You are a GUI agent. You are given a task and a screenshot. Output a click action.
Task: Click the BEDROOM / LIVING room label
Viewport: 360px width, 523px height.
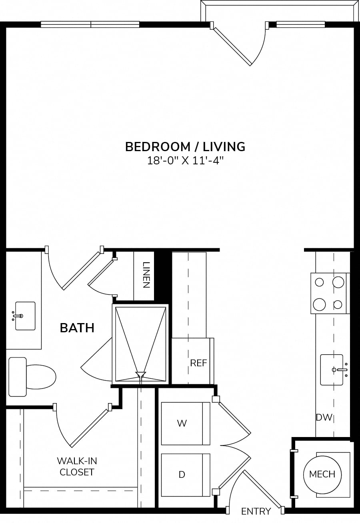pyautogui.click(x=185, y=147)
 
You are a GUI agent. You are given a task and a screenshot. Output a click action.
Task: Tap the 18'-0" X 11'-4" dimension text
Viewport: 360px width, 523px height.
pyautogui.click(x=185, y=161)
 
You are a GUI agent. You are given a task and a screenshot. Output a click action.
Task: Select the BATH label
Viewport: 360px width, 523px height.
pyautogui.click(x=77, y=328)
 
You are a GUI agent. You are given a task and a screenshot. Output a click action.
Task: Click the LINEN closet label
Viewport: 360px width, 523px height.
pyautogui.click(x=146, y=275)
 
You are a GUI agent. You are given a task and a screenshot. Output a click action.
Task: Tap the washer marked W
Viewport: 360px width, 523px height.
pyautogui.click(x=186, y=423)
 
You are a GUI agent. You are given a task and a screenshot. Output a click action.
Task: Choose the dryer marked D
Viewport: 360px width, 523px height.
pyautogui.click(x=186, y=475)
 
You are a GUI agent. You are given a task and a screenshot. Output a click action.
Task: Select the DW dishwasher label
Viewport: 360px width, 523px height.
pyautogui.click(x=324, y=417)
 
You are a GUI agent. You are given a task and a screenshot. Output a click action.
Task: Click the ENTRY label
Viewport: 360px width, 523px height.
pyautogui.click(x=256, y=511)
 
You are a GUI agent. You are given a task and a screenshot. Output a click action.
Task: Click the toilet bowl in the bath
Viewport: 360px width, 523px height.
pyautogui.click(x=41, y=377)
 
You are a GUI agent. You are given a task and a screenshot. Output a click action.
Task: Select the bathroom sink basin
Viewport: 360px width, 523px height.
pyautogui.click(x=25, y=316)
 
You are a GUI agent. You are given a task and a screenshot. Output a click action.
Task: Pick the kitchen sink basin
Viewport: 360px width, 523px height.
pyautogui.click(x=332, y=369)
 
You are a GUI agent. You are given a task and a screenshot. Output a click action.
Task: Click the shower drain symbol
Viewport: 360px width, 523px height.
pyautogui.click(x=141, y=374)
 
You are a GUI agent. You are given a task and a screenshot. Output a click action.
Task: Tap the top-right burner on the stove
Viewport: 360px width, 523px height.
pyautogui.click(x=338, y=282)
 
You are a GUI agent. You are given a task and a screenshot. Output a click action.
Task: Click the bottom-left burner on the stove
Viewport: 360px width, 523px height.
pyautogui.click(x=319, y=304)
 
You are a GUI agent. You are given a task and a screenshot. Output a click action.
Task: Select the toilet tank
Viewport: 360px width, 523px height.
pyautogui.click(x=18, y=377)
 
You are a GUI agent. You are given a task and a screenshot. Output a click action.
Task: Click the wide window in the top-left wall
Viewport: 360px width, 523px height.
pyautogui.click(x=90, y=24)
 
